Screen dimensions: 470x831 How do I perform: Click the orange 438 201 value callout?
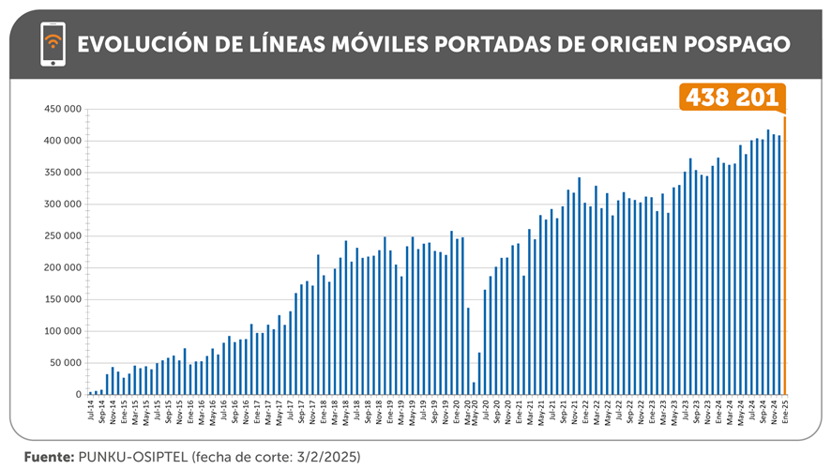click(732, 98)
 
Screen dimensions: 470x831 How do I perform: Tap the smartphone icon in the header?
click(53, 44)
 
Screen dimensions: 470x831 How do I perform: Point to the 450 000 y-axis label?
click(62, 109)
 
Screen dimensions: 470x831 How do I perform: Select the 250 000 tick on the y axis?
click(62, 235)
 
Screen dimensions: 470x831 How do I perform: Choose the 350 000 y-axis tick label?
click(62, 173)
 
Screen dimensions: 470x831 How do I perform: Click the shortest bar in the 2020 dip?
click(474, 388)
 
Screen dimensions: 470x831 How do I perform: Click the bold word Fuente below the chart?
click(46, 457)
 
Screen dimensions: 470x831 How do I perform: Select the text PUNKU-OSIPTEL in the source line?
click(133, 457)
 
